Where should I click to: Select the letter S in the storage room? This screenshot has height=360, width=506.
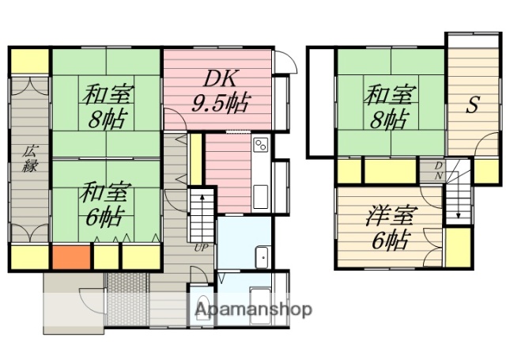click(x=470, y=105)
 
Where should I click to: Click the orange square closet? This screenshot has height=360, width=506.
click(x=70, y=257)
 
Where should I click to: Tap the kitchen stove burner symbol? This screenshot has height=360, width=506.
click(x=261, y=145)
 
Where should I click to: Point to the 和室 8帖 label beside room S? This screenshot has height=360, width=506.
click(x=387, y=107)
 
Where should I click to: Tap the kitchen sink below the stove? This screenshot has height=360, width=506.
click(x=261, y=196)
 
